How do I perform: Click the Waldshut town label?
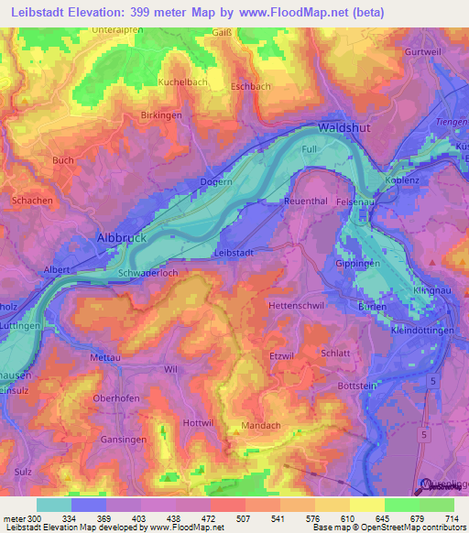coord(344,128)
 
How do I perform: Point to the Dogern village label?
coord(216,182)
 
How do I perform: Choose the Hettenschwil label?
coord(298,304)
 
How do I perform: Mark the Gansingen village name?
coord(118,440)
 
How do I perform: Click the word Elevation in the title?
coord(98,12)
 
